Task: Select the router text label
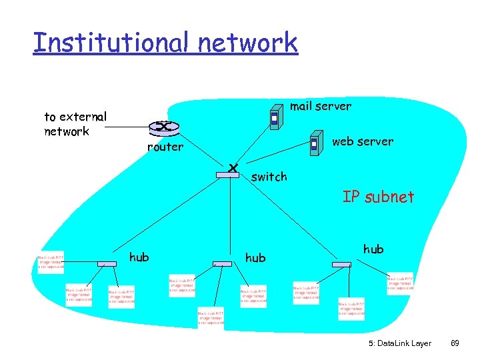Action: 165,147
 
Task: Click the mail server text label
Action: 320,106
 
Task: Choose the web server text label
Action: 362,141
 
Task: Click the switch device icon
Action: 228,174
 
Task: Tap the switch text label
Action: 269,177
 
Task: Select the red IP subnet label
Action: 378,197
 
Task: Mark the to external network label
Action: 75,124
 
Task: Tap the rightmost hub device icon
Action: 341,264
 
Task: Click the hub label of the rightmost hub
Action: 373,249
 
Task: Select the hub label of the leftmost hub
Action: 139,257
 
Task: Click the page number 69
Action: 455,343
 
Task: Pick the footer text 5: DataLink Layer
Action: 399,343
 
